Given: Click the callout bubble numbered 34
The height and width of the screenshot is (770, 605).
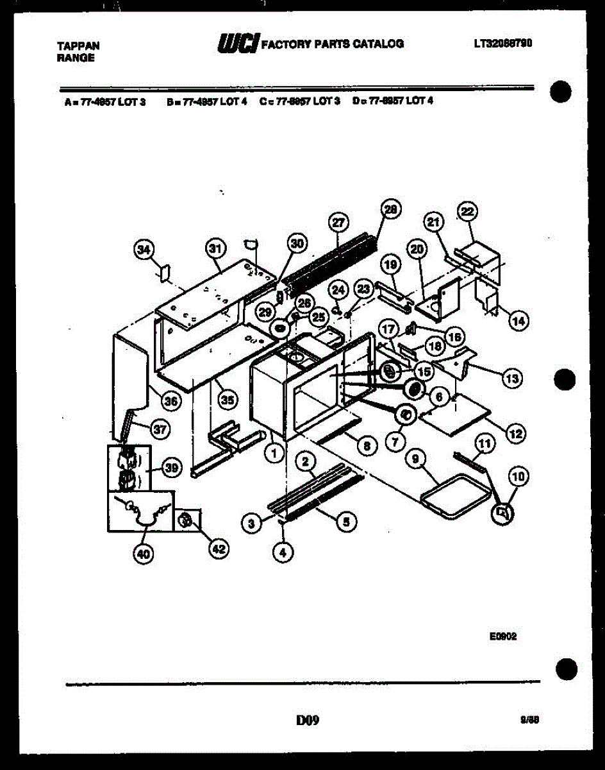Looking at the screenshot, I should point(145,250).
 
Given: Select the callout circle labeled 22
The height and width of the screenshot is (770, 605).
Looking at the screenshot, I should point(467,212).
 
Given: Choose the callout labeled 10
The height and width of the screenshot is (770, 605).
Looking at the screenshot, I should point(518,475).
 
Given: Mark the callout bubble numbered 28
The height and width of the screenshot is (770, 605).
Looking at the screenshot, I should point(390,209).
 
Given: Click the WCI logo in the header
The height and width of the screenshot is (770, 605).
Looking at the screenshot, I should point(238,44).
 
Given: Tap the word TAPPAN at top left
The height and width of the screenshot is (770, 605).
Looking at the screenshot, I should point(78,46).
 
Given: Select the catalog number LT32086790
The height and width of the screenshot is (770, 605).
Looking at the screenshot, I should point(504,44).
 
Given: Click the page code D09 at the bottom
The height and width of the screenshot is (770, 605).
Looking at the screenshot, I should point(307,721).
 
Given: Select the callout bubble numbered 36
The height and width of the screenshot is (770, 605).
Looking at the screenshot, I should point(170,402).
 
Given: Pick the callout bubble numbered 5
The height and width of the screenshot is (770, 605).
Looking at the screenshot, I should point(345,522).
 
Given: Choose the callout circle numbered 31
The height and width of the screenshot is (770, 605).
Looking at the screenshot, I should point(216,248).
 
